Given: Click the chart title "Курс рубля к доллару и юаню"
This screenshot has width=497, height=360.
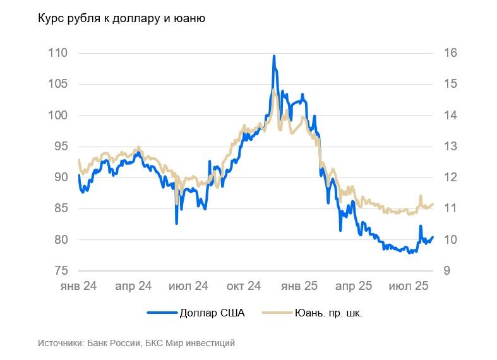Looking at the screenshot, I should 122,19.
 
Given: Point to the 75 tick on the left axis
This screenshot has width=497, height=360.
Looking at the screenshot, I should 61,271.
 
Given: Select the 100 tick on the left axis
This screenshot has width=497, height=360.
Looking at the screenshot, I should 57,116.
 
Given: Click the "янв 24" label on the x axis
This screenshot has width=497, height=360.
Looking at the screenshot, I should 78,286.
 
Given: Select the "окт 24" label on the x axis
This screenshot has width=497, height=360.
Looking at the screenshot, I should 243,286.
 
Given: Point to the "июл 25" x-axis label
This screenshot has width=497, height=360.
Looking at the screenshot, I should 409,286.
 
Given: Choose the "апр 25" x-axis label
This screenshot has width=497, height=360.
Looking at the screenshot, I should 354,286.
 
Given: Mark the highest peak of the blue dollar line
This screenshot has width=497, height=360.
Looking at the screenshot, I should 274,56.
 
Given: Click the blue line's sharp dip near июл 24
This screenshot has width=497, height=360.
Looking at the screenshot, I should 177,222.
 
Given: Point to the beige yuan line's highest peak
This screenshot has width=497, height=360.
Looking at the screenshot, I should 274,90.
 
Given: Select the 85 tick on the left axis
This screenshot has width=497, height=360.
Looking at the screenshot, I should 61,208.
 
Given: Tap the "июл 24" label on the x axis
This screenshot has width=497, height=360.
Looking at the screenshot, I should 188,286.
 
